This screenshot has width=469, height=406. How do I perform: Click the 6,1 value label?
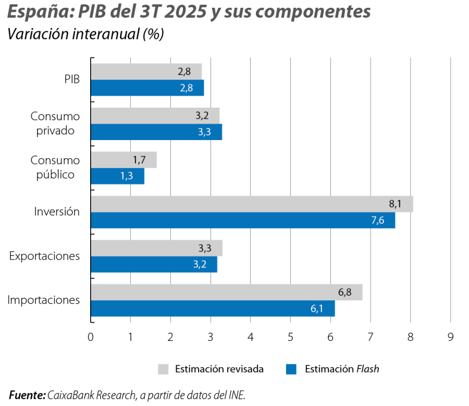coord(317,309)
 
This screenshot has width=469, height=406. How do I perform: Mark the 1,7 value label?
coord(140,160)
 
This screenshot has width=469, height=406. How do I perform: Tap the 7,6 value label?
coord(378,221)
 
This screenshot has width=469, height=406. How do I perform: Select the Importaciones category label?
coord(44,300)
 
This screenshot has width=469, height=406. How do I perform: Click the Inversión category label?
coord(57,212)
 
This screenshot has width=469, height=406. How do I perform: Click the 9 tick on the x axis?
coord(450,337)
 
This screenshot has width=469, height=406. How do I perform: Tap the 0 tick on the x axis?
coord(91,337)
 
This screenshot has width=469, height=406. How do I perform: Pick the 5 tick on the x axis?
coord(291,337)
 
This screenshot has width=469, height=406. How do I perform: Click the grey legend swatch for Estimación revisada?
coord(164,369)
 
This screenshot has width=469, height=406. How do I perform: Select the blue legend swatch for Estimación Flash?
coord(291,369)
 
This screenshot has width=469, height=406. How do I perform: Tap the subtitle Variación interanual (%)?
coord(85,34)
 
